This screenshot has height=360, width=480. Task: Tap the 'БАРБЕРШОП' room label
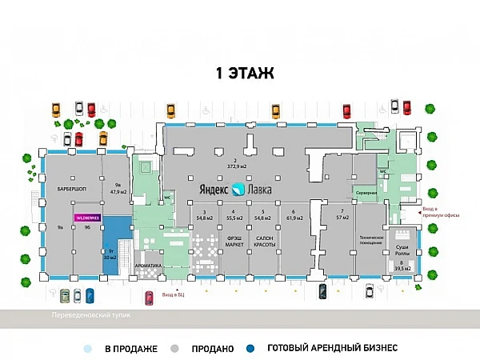[72, 189]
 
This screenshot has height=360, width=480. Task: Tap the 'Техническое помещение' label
[372, 241]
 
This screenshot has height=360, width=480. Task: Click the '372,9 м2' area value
[234, 166]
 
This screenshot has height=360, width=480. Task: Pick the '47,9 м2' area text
[118, 192]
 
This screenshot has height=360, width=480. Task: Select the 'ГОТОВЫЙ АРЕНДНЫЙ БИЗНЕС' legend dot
[250, 349]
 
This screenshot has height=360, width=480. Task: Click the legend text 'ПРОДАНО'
[212, 349]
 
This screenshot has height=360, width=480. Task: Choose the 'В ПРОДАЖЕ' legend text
[130, 349]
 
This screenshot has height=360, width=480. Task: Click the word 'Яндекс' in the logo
[214, 190]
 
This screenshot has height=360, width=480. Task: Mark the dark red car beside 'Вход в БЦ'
[150, 298]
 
